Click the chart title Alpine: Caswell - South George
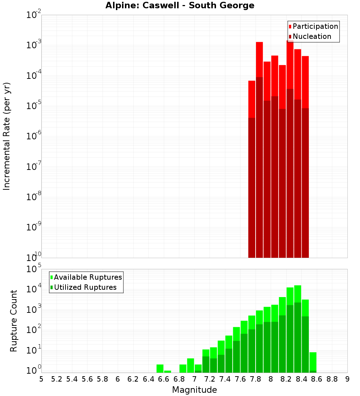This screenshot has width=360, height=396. (x=180, y=5)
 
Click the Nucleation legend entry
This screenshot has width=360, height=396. (x=311, y=36)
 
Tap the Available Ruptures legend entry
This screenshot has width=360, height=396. (x=87, y=277)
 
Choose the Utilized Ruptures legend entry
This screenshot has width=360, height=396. (x=85, y=287)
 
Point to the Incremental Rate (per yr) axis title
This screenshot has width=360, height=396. (x=7, y=136)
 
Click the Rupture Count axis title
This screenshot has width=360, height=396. (x=14, y=321)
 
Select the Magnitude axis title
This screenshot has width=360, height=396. (x=194, y=390)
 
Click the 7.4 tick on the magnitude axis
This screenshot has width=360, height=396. (x=225, y=379)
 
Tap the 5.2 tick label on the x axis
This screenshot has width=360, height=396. (x=57, y=379)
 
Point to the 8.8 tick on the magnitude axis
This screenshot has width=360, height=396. (x=332, y=379)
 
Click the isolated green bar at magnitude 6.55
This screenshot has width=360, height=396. (x=160, y=369)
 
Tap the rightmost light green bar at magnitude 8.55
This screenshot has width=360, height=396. (x=313, y=361)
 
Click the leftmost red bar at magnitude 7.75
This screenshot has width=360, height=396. (x=252, y=169)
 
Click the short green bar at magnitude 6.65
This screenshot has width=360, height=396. (x=167, y=372)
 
